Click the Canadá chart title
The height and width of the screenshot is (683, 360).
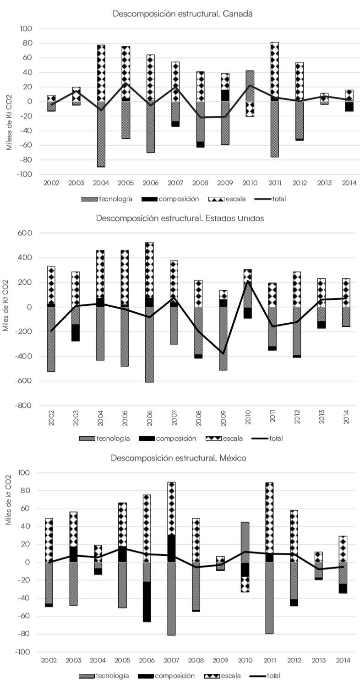click(x=183, y=14)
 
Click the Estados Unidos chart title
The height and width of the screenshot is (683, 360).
click(x=180, y=218)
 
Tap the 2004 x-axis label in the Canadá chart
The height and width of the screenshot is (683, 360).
click(x=100, y=183)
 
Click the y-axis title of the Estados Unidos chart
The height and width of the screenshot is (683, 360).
click(x=6, y=307)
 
